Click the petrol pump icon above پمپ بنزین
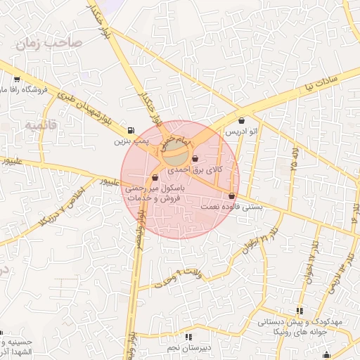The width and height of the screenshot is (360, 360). click(131, 130)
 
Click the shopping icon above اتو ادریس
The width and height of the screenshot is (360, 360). click(242, 120)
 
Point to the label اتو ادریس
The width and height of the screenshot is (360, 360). click(241, 131)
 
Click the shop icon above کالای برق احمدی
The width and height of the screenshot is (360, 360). click(195, 159)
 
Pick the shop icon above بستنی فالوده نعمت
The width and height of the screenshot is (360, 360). click(231, 195)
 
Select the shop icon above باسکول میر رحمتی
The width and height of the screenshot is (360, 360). click(155, 178)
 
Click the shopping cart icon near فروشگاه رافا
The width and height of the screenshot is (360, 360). click(15, 79)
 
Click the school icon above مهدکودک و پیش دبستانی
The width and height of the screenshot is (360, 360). click(300, 310)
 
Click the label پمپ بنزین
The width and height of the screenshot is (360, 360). click(131, 141)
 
